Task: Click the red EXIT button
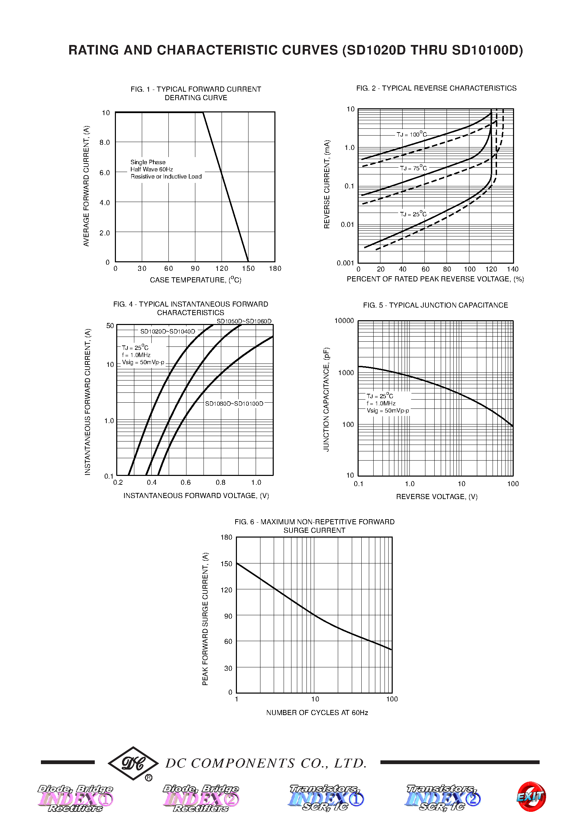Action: click(x=531, y=796)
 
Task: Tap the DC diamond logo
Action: click(x=133, y=763)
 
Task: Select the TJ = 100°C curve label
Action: click(x=411, y=134)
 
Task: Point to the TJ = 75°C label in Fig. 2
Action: click(x=413, y=168)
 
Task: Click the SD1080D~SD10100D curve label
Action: click(x=234, y=403)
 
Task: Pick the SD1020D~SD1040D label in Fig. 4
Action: click(x=167, y=331)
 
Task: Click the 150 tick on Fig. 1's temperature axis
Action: click(x=248, y=268)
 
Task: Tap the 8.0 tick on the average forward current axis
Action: click(x=104, y=142)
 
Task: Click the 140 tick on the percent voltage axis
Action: click(x=513, y=269)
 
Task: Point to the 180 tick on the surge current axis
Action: click(x=226, y=537)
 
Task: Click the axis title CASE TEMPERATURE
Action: click(x=196, y=280)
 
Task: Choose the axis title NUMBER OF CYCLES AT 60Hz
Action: click(x=317, y=713)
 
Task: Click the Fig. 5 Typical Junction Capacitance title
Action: click(x=435, y=305)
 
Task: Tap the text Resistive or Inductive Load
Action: click(x=166, y=176)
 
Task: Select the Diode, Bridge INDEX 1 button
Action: click(x=76, y=798)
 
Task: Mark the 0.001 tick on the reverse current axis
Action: click(x=345, y=263)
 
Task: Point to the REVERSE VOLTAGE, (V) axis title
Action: click(x=437, y=497)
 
